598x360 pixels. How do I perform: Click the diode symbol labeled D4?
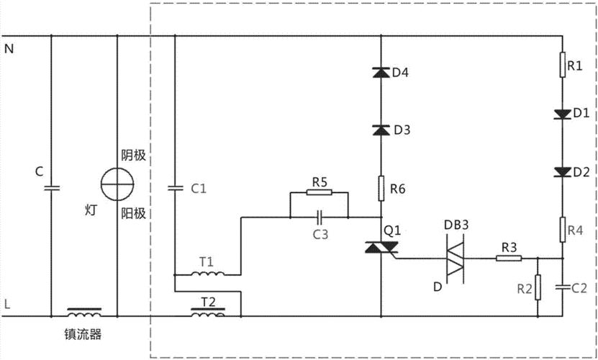click(x=381, y=72)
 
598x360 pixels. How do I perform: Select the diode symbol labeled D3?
click(x=381, y=130)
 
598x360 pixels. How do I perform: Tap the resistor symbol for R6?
click(x=381, y=189)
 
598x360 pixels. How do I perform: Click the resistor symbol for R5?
click(x=318, y=192)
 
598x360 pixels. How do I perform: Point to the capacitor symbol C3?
click(x=318, y=216)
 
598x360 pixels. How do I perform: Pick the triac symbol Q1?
click(x=381, y=248)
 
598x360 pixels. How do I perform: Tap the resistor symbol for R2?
click(x=537, y=288)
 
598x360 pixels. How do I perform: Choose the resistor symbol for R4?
click(x=563, y=230)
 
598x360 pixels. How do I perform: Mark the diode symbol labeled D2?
click(x=563, y=171)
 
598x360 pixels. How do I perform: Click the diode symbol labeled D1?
click(x=563, y=113)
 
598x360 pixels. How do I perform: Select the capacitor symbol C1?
click(x=176, y=189)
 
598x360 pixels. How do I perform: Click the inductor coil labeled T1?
click(x=207, y=274)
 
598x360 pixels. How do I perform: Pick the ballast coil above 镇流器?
click(x=84, y=313)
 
